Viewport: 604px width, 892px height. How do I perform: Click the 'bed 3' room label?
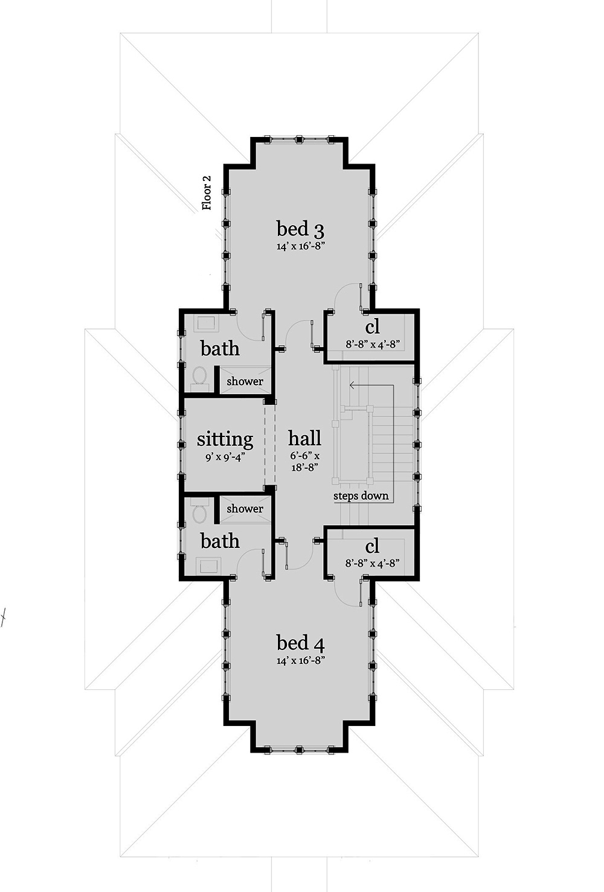pos(301,229)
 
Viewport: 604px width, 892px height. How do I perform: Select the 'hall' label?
pos(304,438)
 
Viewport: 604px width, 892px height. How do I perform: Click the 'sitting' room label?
pos(225,438)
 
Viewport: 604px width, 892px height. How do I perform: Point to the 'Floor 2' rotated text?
pos(207,193)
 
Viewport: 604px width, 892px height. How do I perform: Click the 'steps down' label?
pos(361,496)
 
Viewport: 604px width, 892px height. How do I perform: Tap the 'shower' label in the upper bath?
pos(245,381)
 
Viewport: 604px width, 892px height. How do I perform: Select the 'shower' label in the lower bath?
pos(245,509)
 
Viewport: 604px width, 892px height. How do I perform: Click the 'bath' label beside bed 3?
pos(220,349)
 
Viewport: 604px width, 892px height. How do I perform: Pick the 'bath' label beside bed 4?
pos(220,541)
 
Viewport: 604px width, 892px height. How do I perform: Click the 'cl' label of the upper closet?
pos(373,327)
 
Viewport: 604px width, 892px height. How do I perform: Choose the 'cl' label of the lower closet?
pos(373,546)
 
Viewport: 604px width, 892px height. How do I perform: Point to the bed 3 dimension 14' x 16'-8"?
pos(301,246)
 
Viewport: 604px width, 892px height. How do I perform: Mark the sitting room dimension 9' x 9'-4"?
pos(225,457)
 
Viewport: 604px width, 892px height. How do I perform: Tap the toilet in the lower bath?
pos(199,514)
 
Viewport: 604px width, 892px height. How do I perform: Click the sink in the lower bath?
pos(209,565)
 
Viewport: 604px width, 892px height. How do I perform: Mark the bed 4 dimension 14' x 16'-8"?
pos(301,660)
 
